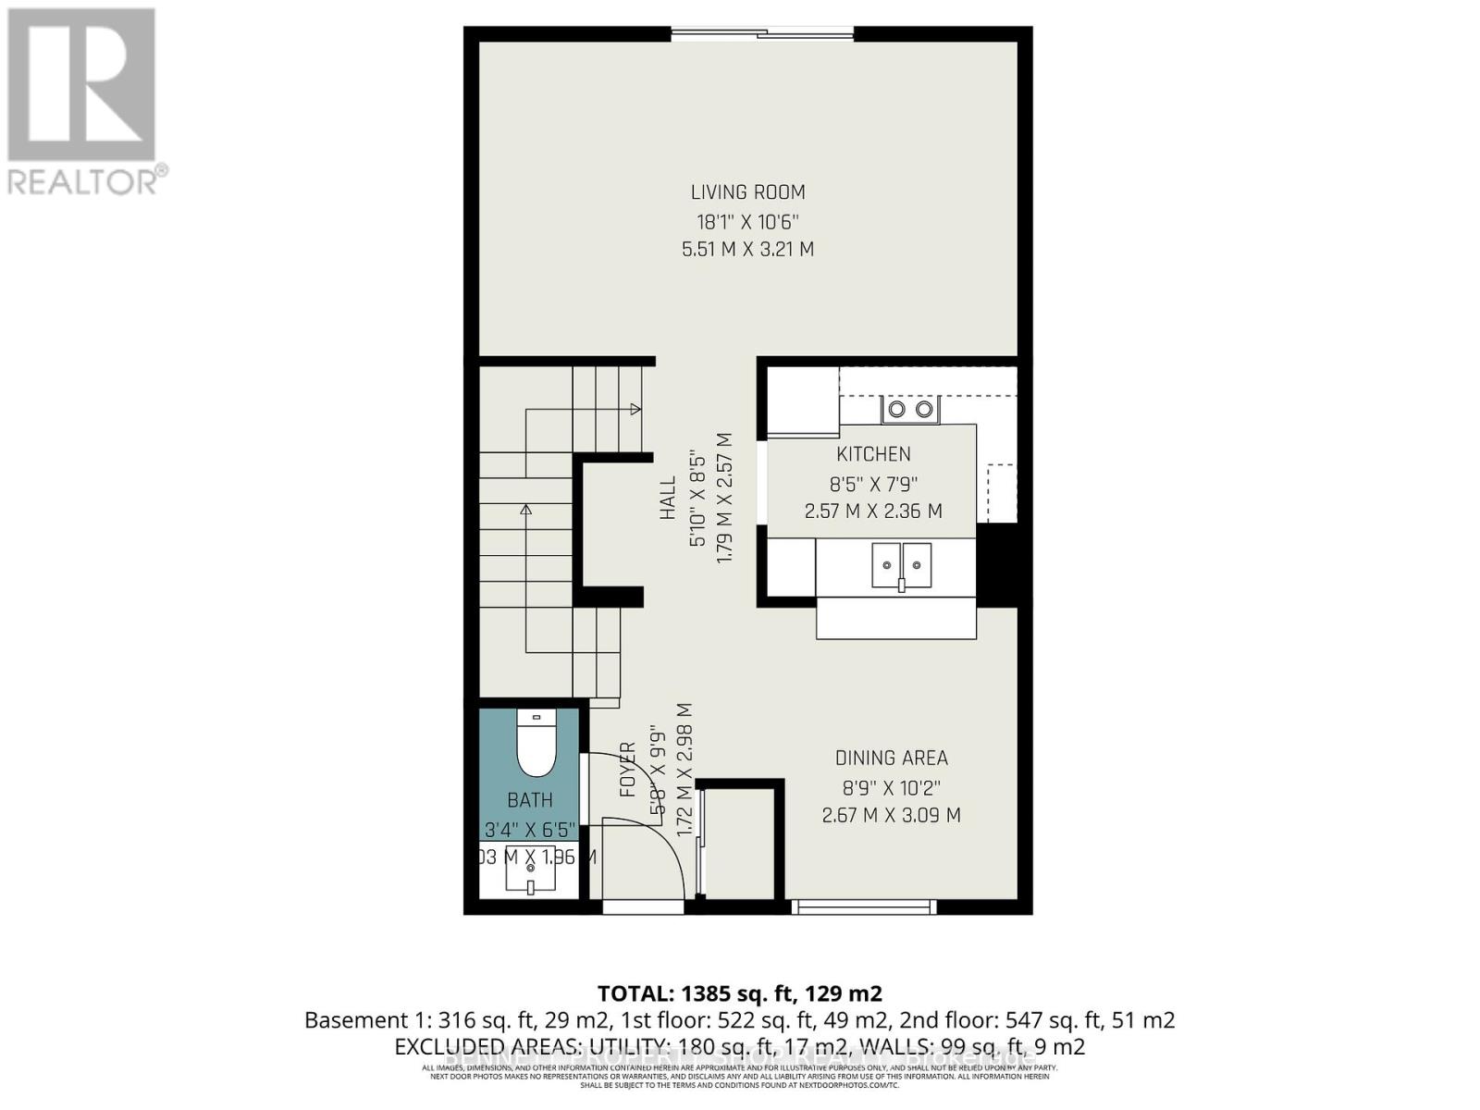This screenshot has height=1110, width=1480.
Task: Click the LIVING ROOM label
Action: point(747,192)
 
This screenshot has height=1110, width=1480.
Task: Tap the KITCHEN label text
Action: point(873,454)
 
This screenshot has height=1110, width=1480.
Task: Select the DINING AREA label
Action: point(891,758)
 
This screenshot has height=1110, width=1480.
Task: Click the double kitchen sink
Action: point(901,566)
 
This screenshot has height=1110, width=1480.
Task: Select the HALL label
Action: point(668,498)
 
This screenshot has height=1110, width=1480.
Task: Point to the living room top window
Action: point(762,35)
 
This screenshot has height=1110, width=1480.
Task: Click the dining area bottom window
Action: point(865,907)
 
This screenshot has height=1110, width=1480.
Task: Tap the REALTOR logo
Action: point(82,101)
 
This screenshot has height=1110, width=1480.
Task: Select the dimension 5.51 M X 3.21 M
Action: point(747,249)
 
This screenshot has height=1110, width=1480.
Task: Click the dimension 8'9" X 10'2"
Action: point(891,788)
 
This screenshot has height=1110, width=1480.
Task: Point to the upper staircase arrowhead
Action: point(635,409)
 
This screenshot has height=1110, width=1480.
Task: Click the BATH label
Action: point(530,800)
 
